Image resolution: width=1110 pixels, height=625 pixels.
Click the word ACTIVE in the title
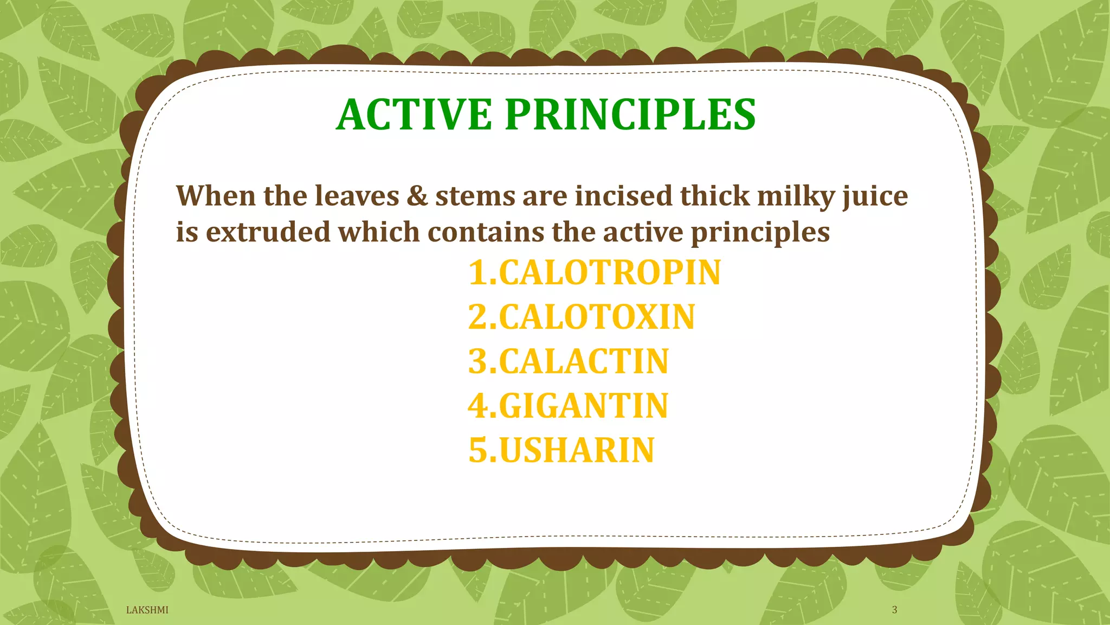414,114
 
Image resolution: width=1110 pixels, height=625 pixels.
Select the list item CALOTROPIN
595,272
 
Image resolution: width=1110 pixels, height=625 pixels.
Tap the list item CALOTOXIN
582,317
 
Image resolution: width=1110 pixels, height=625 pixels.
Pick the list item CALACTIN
569,361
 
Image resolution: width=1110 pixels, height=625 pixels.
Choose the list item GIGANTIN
568,406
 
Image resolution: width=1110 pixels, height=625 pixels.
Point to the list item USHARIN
562,450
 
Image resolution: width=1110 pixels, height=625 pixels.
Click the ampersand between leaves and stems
417,196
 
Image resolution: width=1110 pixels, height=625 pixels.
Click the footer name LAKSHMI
147,610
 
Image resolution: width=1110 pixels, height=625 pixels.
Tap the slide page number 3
894,610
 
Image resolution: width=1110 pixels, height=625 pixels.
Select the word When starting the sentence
215,196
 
